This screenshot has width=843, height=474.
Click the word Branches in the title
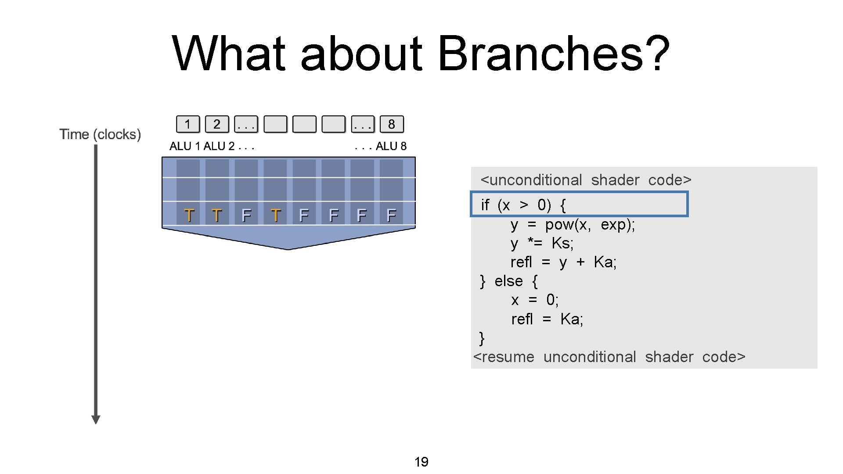[541, 54]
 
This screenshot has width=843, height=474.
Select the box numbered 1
[187, 124]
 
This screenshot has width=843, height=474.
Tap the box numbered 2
[217, 124]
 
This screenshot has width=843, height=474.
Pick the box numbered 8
[391, 124]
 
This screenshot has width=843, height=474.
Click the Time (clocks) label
[100, 134]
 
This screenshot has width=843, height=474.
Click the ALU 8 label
[391, 146]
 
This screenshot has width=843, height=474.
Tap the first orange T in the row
[189, 215]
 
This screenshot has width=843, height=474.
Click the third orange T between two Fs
[276, 215]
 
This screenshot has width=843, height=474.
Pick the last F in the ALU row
[391, 215]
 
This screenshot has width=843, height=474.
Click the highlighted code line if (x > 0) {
[579, 205]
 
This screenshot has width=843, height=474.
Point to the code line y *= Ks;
[542, 243]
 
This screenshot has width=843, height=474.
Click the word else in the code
[508, 281]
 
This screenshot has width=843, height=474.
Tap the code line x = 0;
[535, 300]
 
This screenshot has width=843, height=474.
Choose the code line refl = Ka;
[547, 319]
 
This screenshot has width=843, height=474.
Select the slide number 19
[421, 462]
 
